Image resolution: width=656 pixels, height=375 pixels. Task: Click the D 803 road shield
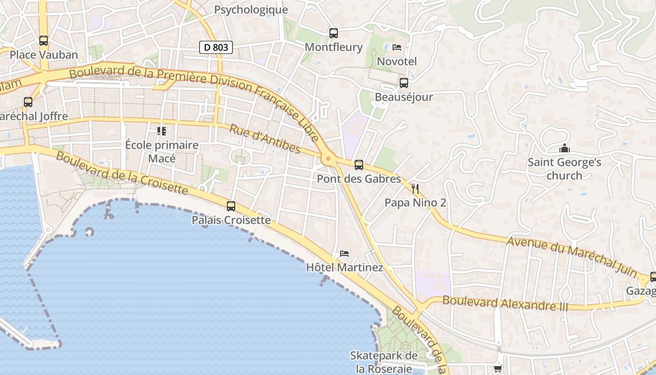pos(216,47)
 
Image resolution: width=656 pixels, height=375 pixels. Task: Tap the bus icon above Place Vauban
pos(44,41)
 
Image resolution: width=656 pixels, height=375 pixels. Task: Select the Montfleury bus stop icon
pos(334,33)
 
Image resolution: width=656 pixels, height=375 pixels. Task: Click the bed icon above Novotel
pos(397,47)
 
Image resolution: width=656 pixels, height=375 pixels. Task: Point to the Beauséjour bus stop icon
pos(403,83)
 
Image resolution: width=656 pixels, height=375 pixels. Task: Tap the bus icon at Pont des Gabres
pos(359,165)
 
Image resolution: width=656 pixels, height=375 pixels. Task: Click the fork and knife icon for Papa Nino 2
pos(415,189)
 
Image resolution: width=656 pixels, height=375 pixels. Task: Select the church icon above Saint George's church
pos(565,149)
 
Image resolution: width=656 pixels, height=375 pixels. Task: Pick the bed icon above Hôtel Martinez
pos(344,254)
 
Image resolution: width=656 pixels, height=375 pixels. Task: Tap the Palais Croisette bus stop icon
pos(231,206)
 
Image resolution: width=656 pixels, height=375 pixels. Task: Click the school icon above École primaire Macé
pos(162,131)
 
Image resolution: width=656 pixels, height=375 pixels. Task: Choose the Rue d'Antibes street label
pos(265,139)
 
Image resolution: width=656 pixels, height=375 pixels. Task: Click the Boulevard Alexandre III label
pos(505,303)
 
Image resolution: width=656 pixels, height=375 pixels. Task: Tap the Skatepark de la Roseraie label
pos(384,362)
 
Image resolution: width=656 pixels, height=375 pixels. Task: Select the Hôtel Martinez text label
pos(344,268)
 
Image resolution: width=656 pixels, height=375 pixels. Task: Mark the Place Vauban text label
pos(44,55)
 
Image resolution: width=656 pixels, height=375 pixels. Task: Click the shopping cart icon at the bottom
pos(498,369)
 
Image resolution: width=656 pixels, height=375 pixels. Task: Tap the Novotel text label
pos(397,61)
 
